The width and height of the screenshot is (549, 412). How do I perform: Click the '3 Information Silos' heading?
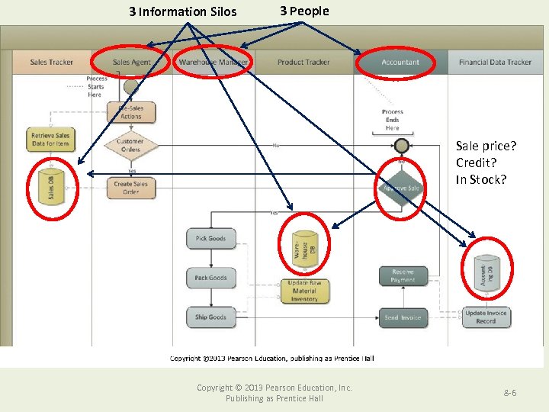pyautogui.click(x=182, y=11)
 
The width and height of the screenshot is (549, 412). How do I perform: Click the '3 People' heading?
pyautogui.click(x=304, y=11)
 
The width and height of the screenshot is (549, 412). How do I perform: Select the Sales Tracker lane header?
pyautogui.click(x=51, y=62)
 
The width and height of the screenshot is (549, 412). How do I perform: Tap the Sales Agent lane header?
pyautogui.click(x=131, y=62)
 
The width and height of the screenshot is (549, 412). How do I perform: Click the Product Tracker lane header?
pyautogui.click(x=303, y=62)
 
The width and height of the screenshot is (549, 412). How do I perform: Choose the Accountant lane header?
pyautogui.click(x=400, y=62)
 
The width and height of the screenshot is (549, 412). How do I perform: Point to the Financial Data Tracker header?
pyautogui.click(x=495, y=62)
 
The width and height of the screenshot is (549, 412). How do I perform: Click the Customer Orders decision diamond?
pyautogui.click(x=130, y=145)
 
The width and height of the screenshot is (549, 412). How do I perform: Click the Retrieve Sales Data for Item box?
pyautogui.click(x=51, y=139)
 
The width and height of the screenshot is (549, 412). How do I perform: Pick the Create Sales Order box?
pyautogui.click(x=130, y=188)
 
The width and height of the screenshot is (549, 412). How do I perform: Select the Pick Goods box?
pyautogui.click(x=211, y=238)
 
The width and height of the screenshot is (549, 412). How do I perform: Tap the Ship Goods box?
pyautogui.click(x=211, y=317)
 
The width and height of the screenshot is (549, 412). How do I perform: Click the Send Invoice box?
pyautogui.click(x=403, y=317)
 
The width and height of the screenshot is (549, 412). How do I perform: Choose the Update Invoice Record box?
pyautogui.click(x=486, y=317)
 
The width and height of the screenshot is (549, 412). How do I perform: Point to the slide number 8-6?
pyautogui.click(x=509, y=392)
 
